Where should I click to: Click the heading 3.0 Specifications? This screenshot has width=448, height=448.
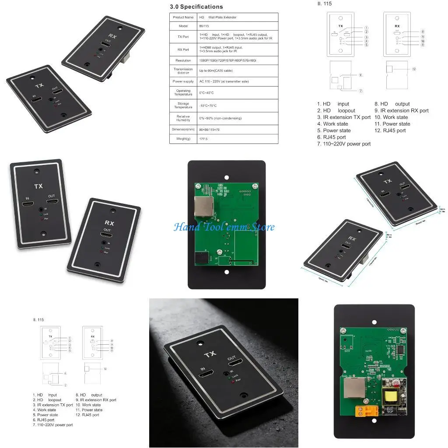[196, 7]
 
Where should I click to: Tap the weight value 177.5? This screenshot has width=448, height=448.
[203, 139]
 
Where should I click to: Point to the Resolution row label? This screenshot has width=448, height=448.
[183, 60]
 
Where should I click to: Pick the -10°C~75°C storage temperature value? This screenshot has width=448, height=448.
[208, 105]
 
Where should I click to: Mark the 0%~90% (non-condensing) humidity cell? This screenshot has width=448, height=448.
[220, 118]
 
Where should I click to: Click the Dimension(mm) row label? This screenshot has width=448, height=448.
[183, 129]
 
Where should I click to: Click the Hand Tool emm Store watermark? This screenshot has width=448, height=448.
[224, 227]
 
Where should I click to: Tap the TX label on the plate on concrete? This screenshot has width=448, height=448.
[210, 354]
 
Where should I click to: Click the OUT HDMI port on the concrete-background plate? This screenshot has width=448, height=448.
[237, 361]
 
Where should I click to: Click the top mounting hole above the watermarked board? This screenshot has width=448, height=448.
[227, 178]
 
